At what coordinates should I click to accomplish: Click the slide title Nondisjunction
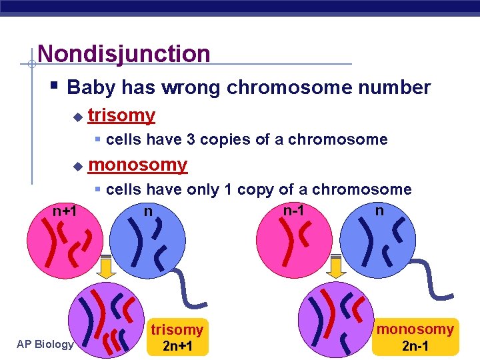click(x=124, y=53)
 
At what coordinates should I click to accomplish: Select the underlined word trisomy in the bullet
click(x=121, y=115)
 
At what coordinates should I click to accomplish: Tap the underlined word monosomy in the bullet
click(x=137, y=164)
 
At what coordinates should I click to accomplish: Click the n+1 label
click(x=65, y=211)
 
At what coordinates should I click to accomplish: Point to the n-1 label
click(x=294, y=210)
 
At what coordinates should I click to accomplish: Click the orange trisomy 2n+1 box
click(x=177, y=337)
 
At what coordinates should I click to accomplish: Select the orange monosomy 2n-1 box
click(x=415, y=337)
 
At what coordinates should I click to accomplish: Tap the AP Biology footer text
click(x=46, y=344)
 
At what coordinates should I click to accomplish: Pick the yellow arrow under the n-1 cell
click(x=336, y=266)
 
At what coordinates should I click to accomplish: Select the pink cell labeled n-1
click(x=293, y=243)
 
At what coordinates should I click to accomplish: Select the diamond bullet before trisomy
click(x=77, y=117)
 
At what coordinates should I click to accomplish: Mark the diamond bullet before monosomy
click(x=77, y=166)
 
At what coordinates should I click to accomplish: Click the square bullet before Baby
click(x=54, y=87)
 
